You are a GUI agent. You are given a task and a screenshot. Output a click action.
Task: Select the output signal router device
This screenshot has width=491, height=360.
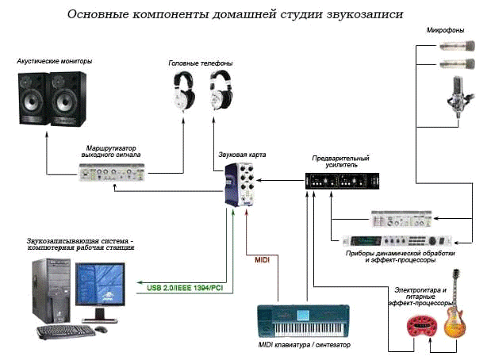(x=111, y=173)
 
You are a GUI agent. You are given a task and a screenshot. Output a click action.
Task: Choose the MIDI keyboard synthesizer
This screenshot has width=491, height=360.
(x=303, y=321)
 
